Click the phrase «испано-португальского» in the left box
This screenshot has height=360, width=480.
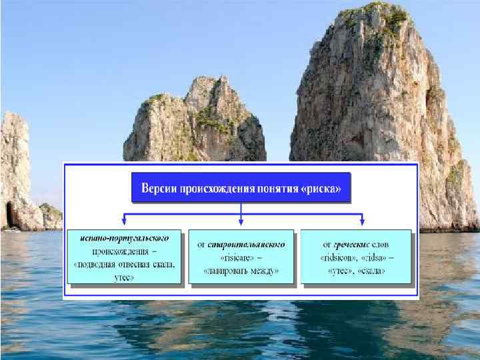pos(123,237)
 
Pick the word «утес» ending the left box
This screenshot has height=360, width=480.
pos(123,276)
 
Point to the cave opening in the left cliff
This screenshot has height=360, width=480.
pos(9,215)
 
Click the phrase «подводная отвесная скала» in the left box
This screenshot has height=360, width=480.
pos(125,263)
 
